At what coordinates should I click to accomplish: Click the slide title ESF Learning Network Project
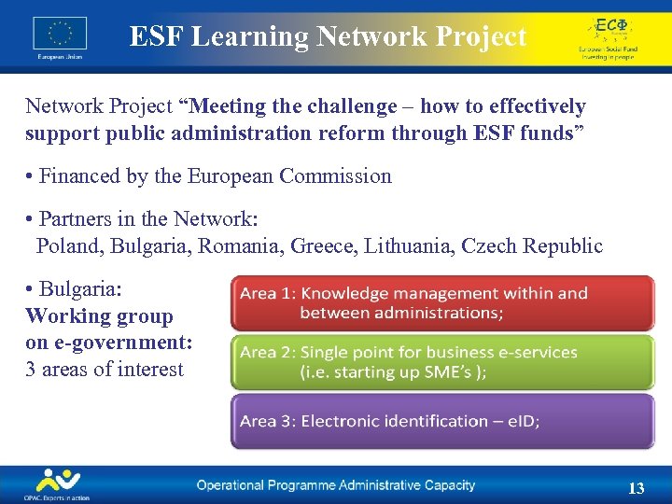click(328, 36)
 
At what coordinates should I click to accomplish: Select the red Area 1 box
click(442, 302)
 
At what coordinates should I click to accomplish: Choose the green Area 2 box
click(442, 362)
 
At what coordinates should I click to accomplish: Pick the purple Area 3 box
click(442, 421)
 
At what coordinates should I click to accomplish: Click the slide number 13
click(637, 488)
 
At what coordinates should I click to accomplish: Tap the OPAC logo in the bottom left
click(57, 484)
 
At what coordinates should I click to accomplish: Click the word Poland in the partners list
click(69, 246)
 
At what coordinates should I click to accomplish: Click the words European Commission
click(290, 175)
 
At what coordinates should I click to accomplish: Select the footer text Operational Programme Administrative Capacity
click(335, 485)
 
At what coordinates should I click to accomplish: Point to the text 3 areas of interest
click(105, 369)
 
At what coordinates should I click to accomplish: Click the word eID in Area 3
click(522, 421)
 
